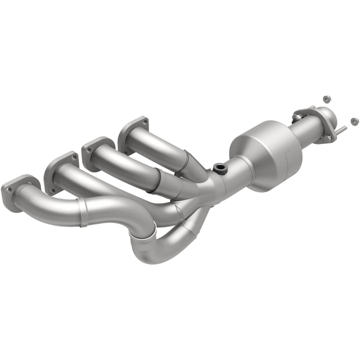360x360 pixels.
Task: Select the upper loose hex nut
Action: pyautogui.click(x=326, y=99)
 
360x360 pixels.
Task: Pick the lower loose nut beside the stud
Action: pyautogui.click(x=354, y=121)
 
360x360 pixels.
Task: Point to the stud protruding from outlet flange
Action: pyautogui.click(x=340, y=131)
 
